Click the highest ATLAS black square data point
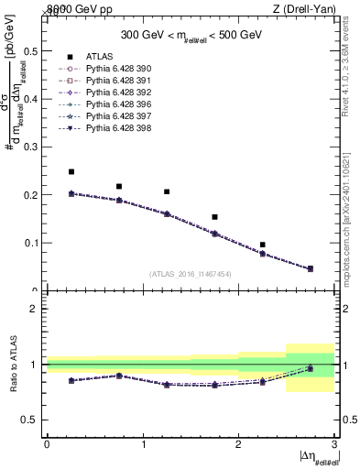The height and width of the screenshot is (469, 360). [x=71, y=171]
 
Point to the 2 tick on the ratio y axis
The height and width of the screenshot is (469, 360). [x=34, y=309]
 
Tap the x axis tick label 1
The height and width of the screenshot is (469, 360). [x=143, y=443]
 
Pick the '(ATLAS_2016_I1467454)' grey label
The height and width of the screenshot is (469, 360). [x=191, y=273]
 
